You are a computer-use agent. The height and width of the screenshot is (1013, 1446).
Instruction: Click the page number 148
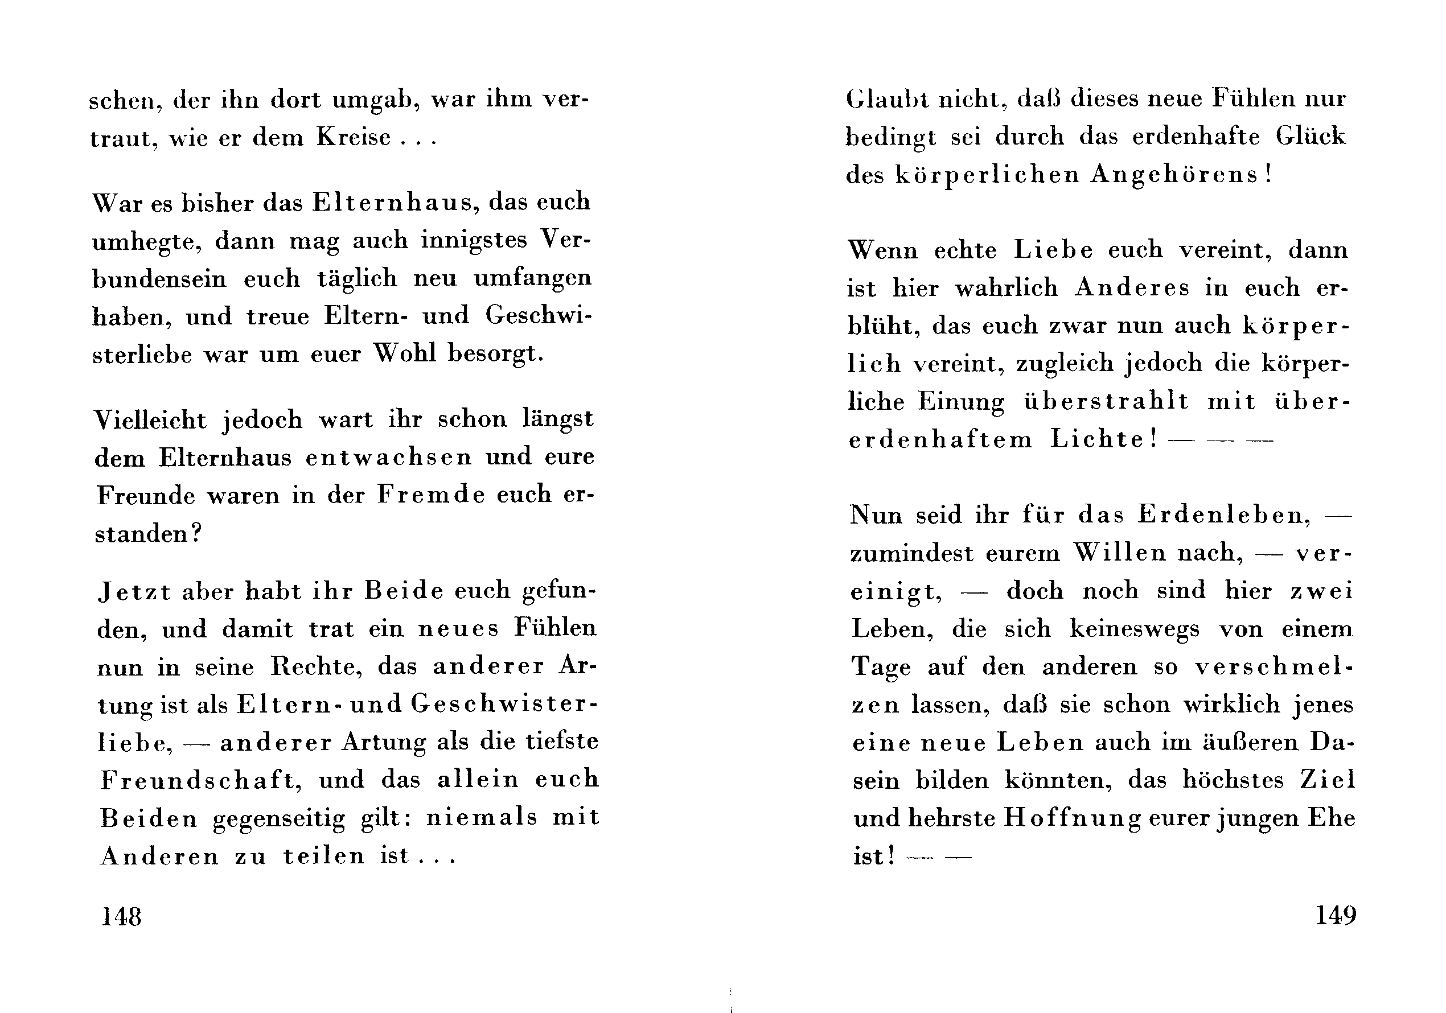122,916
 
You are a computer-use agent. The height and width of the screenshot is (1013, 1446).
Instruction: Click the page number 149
1336,915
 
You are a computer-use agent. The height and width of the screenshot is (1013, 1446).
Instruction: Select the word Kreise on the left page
354,137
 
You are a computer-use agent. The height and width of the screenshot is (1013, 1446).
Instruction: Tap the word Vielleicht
150,419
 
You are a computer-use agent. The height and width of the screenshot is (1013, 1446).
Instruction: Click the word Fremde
432,495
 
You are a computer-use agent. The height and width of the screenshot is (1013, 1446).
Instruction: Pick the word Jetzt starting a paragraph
135,591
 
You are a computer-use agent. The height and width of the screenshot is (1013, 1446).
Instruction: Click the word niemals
482,818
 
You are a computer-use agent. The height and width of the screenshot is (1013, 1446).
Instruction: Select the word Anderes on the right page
1132,288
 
